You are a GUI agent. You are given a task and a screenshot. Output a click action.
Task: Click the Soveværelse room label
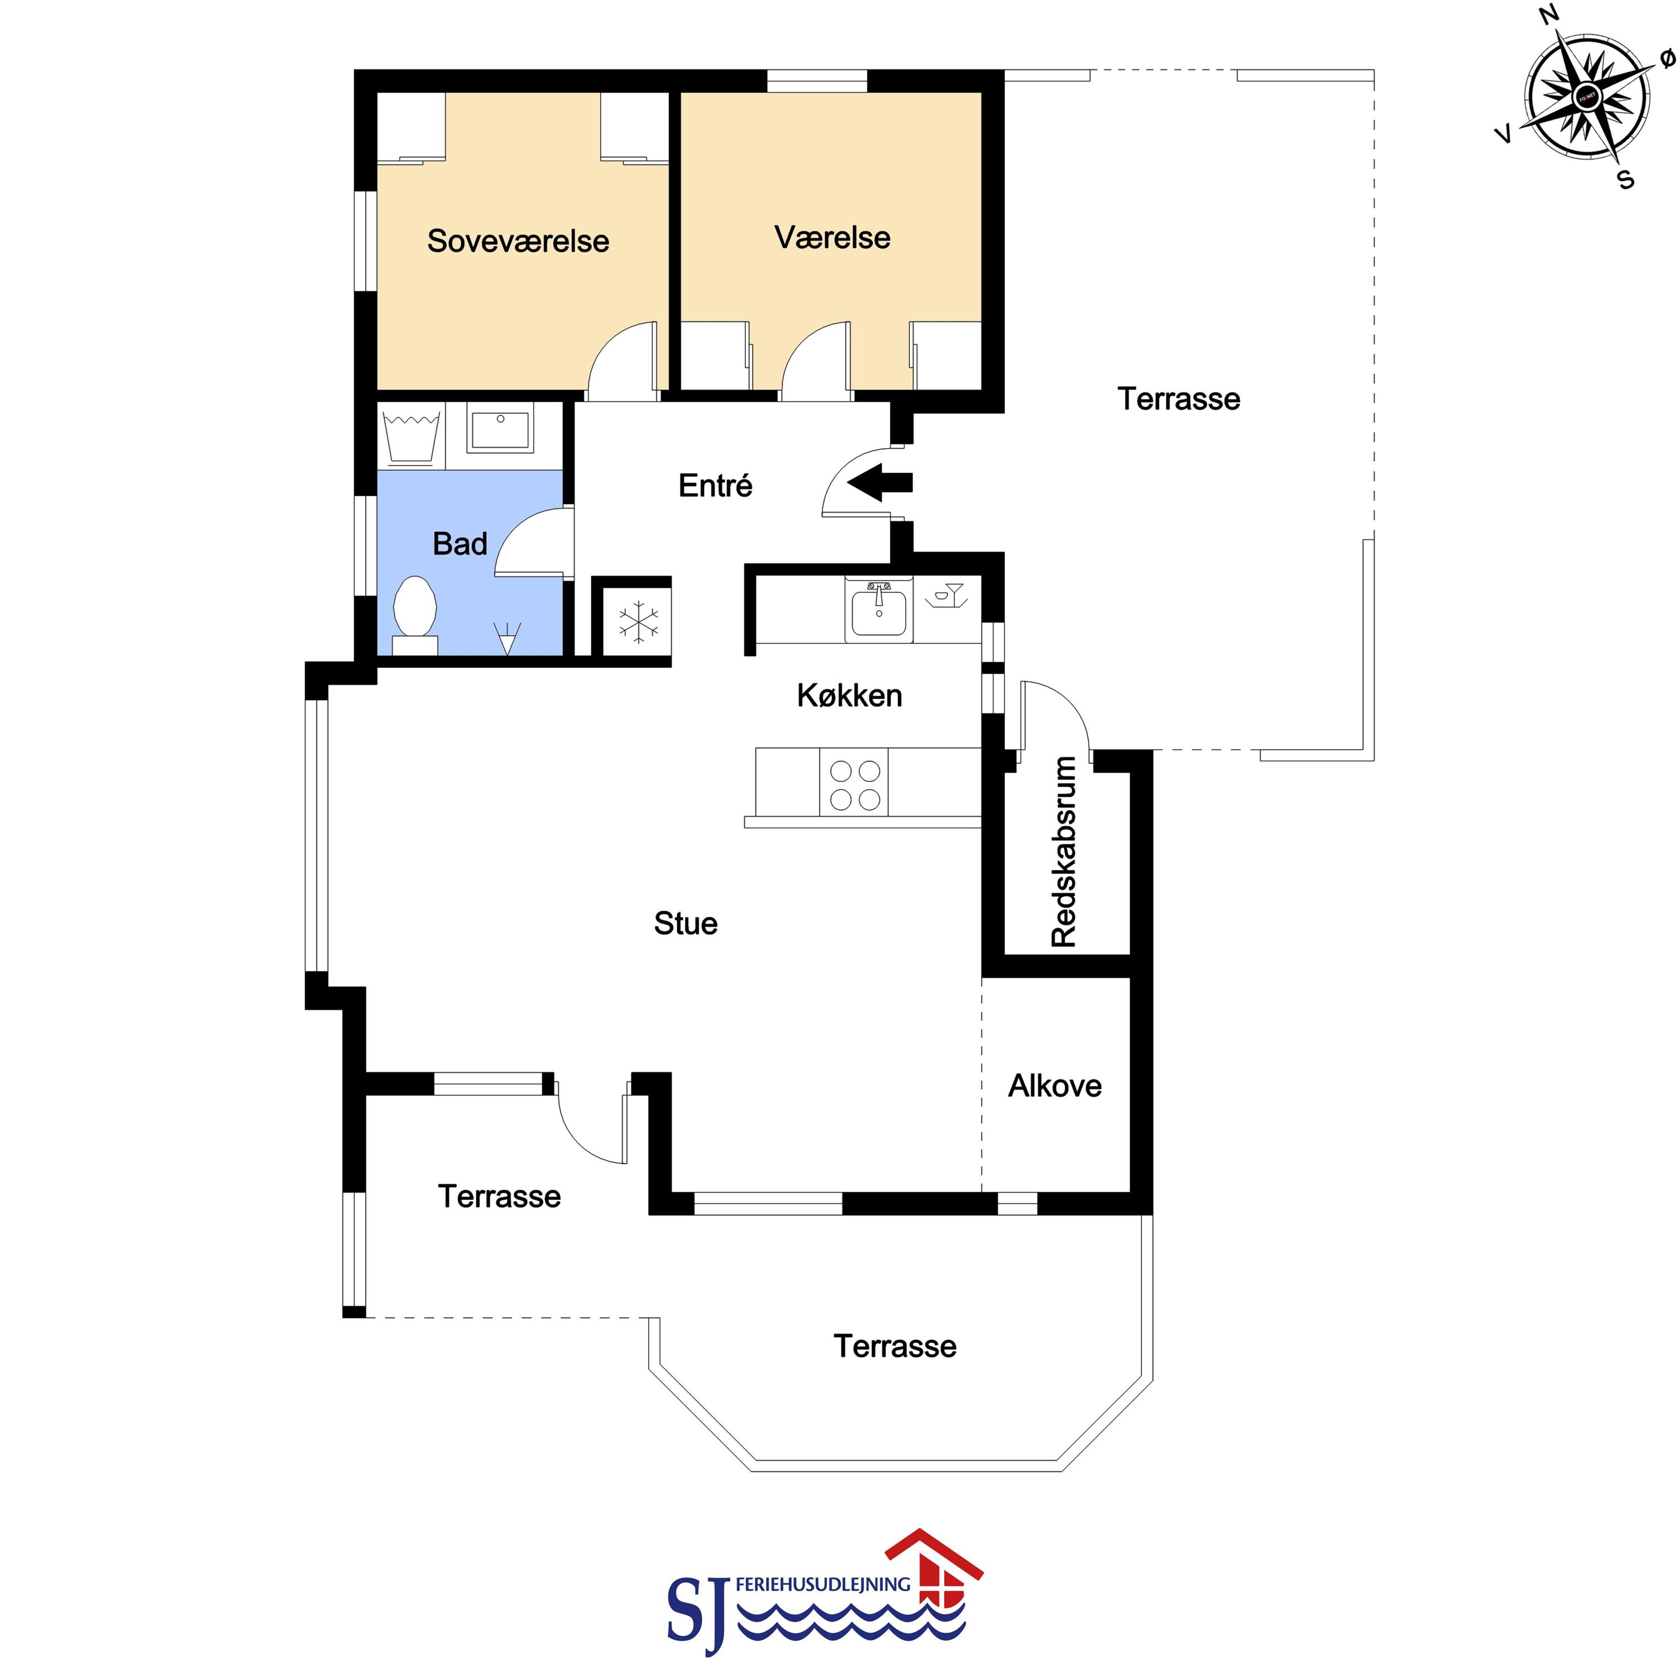pyautogui.click(x=518, y=241)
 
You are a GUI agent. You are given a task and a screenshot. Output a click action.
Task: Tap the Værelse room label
pyautogui.click(x=832, y=237)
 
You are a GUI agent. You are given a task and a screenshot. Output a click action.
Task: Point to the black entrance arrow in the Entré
pyautogui.click(x=880, y=482)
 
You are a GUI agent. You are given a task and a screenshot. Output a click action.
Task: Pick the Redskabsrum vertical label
pyautogui.click(x=1064, y=851)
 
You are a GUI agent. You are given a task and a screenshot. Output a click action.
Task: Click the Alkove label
pyautogui.click(x=1055, y=1085)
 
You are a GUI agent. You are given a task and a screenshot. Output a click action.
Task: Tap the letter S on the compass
pyautogui.click(x=1625, y=180)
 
